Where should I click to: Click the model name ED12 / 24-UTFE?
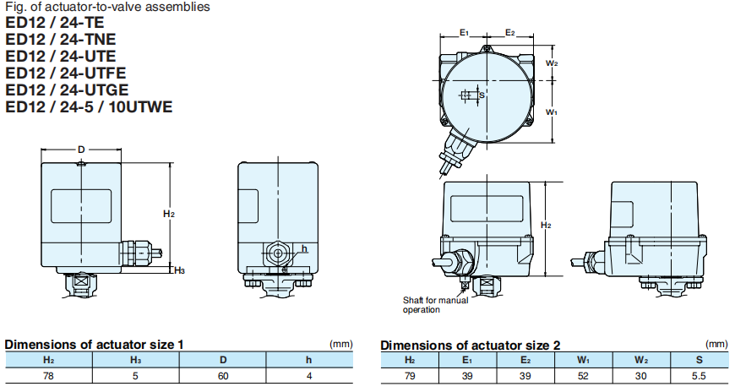click(x=66, y=73)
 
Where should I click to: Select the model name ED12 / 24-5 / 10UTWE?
click(x=89, y=107)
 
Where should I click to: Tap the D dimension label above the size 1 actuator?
click(x=81, y=150)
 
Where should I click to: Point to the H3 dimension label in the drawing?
click(x=180, y=270)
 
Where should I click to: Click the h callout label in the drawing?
click(x=304, y=248)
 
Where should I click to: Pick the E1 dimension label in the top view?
click(x=464, y=32)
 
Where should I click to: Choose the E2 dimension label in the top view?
click(x=510, y=32)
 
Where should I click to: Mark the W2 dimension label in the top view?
click(x=552, y=63)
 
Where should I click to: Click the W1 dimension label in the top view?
click(x=552, y=112)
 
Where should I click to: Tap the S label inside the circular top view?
click(x=482, y=95)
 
